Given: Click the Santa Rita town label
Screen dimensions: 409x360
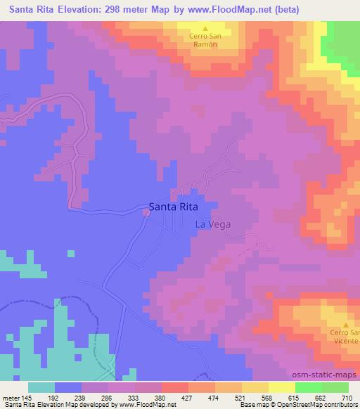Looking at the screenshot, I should point(172,207).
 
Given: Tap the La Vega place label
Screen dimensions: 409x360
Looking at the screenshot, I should point(212,224).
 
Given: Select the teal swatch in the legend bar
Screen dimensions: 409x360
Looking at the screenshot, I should point(41,387).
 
